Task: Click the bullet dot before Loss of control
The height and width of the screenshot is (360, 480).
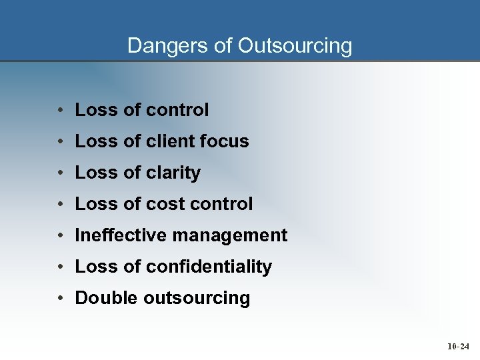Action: click(60, 110)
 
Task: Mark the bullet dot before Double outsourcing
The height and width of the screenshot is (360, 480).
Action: click(60, 298)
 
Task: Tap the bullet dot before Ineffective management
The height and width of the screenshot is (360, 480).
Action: click(60, 235)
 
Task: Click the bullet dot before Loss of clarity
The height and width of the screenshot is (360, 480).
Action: click(60, 173)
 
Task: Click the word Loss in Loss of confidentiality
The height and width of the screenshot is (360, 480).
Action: click(96, 267)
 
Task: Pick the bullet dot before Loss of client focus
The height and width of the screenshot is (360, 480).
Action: click(60, 141)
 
